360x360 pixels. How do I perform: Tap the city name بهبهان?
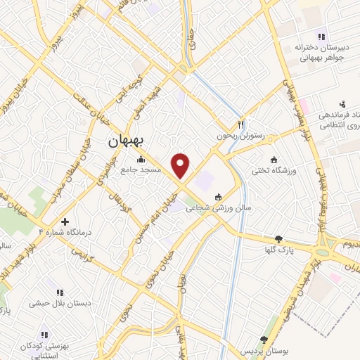[x=124, y=142]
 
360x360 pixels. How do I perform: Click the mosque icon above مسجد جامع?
[x=141, y=159]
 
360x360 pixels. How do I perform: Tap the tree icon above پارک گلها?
[x=280, y=239]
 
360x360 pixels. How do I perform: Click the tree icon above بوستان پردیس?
[x=264, y=340]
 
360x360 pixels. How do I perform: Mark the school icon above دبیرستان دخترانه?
[x=321, y=37]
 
